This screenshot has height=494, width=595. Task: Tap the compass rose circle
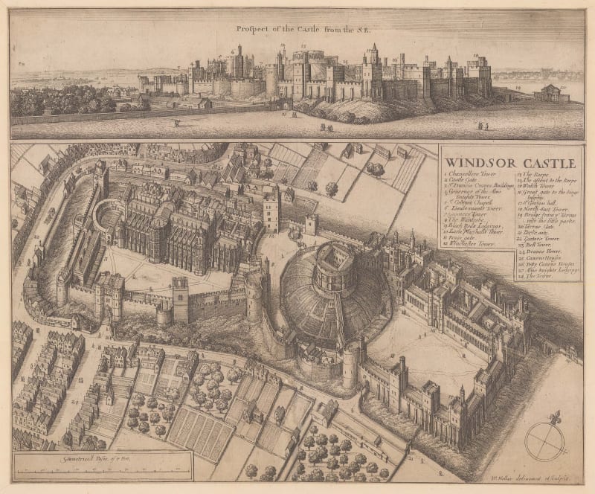[544, 441]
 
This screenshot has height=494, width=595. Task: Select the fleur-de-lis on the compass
[545, 416]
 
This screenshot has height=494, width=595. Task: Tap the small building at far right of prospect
[552, 93]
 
